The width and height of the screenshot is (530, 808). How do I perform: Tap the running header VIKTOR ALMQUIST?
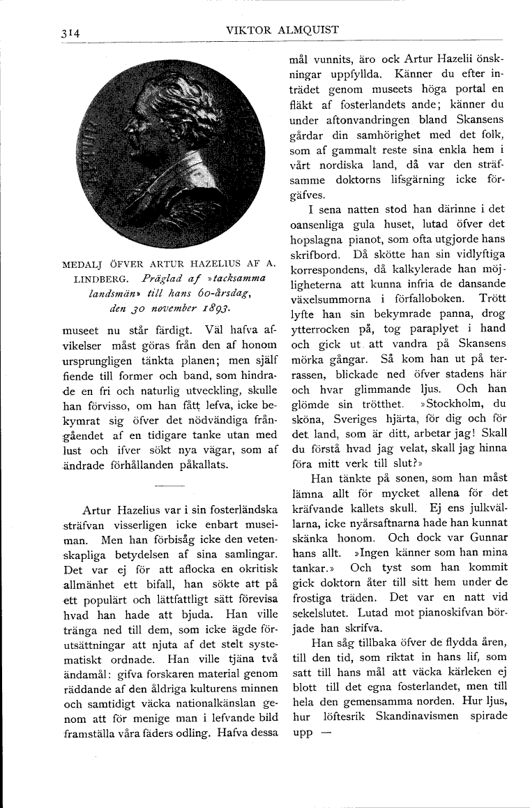pyautogui.click(x=282, y=30)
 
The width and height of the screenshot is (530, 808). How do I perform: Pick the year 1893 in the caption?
pyautogui.click(x=213, y=305)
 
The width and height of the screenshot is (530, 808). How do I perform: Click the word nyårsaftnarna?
pyautogui.click(x=374, y=523)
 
